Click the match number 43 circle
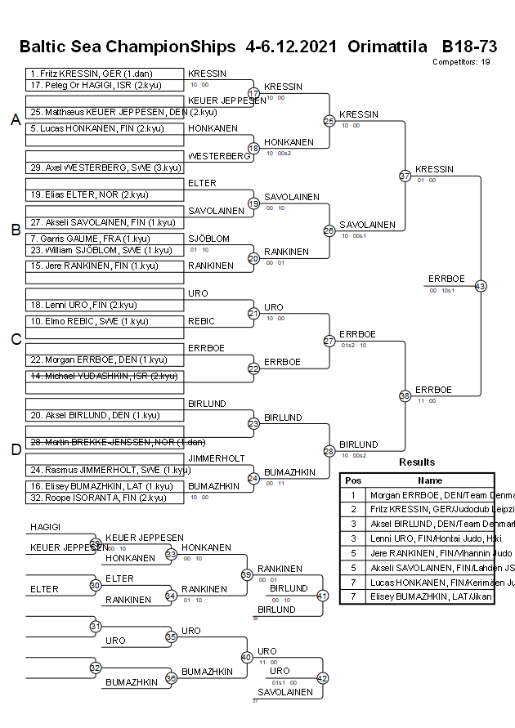[x=481, y=286]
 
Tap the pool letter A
[x=15, y=120]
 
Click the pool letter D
[x=15, y=449]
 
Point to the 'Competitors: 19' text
[x=461, y=62]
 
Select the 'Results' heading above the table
[x=417, y=462]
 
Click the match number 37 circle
[x=405, y=176]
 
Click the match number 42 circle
[x=322, y=677]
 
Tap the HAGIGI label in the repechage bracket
[x=44, y=528]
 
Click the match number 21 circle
[x=253, y=313]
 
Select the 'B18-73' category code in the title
[x=469, y=47]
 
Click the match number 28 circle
[x=329, y=451]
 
